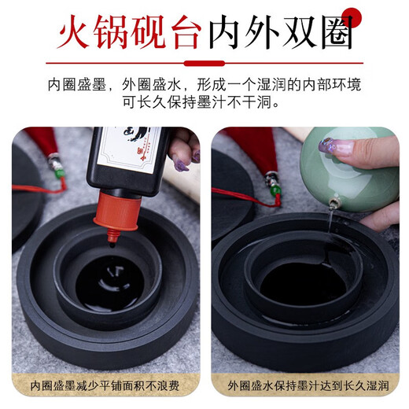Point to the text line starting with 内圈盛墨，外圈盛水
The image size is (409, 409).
pyautogui.click(x=204, y=85)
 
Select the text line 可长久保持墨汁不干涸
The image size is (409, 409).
pyautogui.click(x=204, y=103)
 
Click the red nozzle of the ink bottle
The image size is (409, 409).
pyautogui.click(x=116, y=216)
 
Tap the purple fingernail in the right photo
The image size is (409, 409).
pyautogui.click(x=326, y=146)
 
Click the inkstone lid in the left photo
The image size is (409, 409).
pyautogui.click(x=24, y=197)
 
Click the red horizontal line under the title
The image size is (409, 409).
pyautogui.click(x=204, y=62)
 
